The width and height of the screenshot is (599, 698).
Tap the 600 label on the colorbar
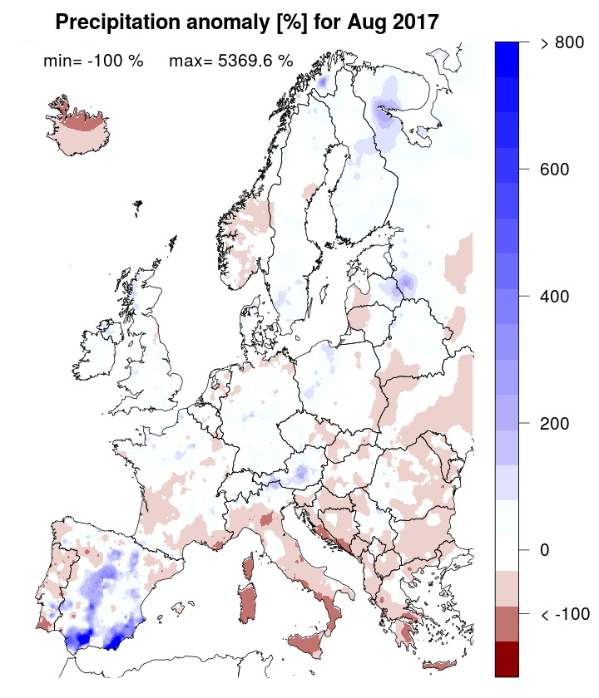coord(552,170)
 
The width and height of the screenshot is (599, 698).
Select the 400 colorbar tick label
coord(552,297)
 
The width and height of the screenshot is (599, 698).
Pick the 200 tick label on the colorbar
coord(552,423)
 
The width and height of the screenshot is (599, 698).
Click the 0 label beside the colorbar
coord(544,550)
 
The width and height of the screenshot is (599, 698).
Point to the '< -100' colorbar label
coord(563,614)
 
